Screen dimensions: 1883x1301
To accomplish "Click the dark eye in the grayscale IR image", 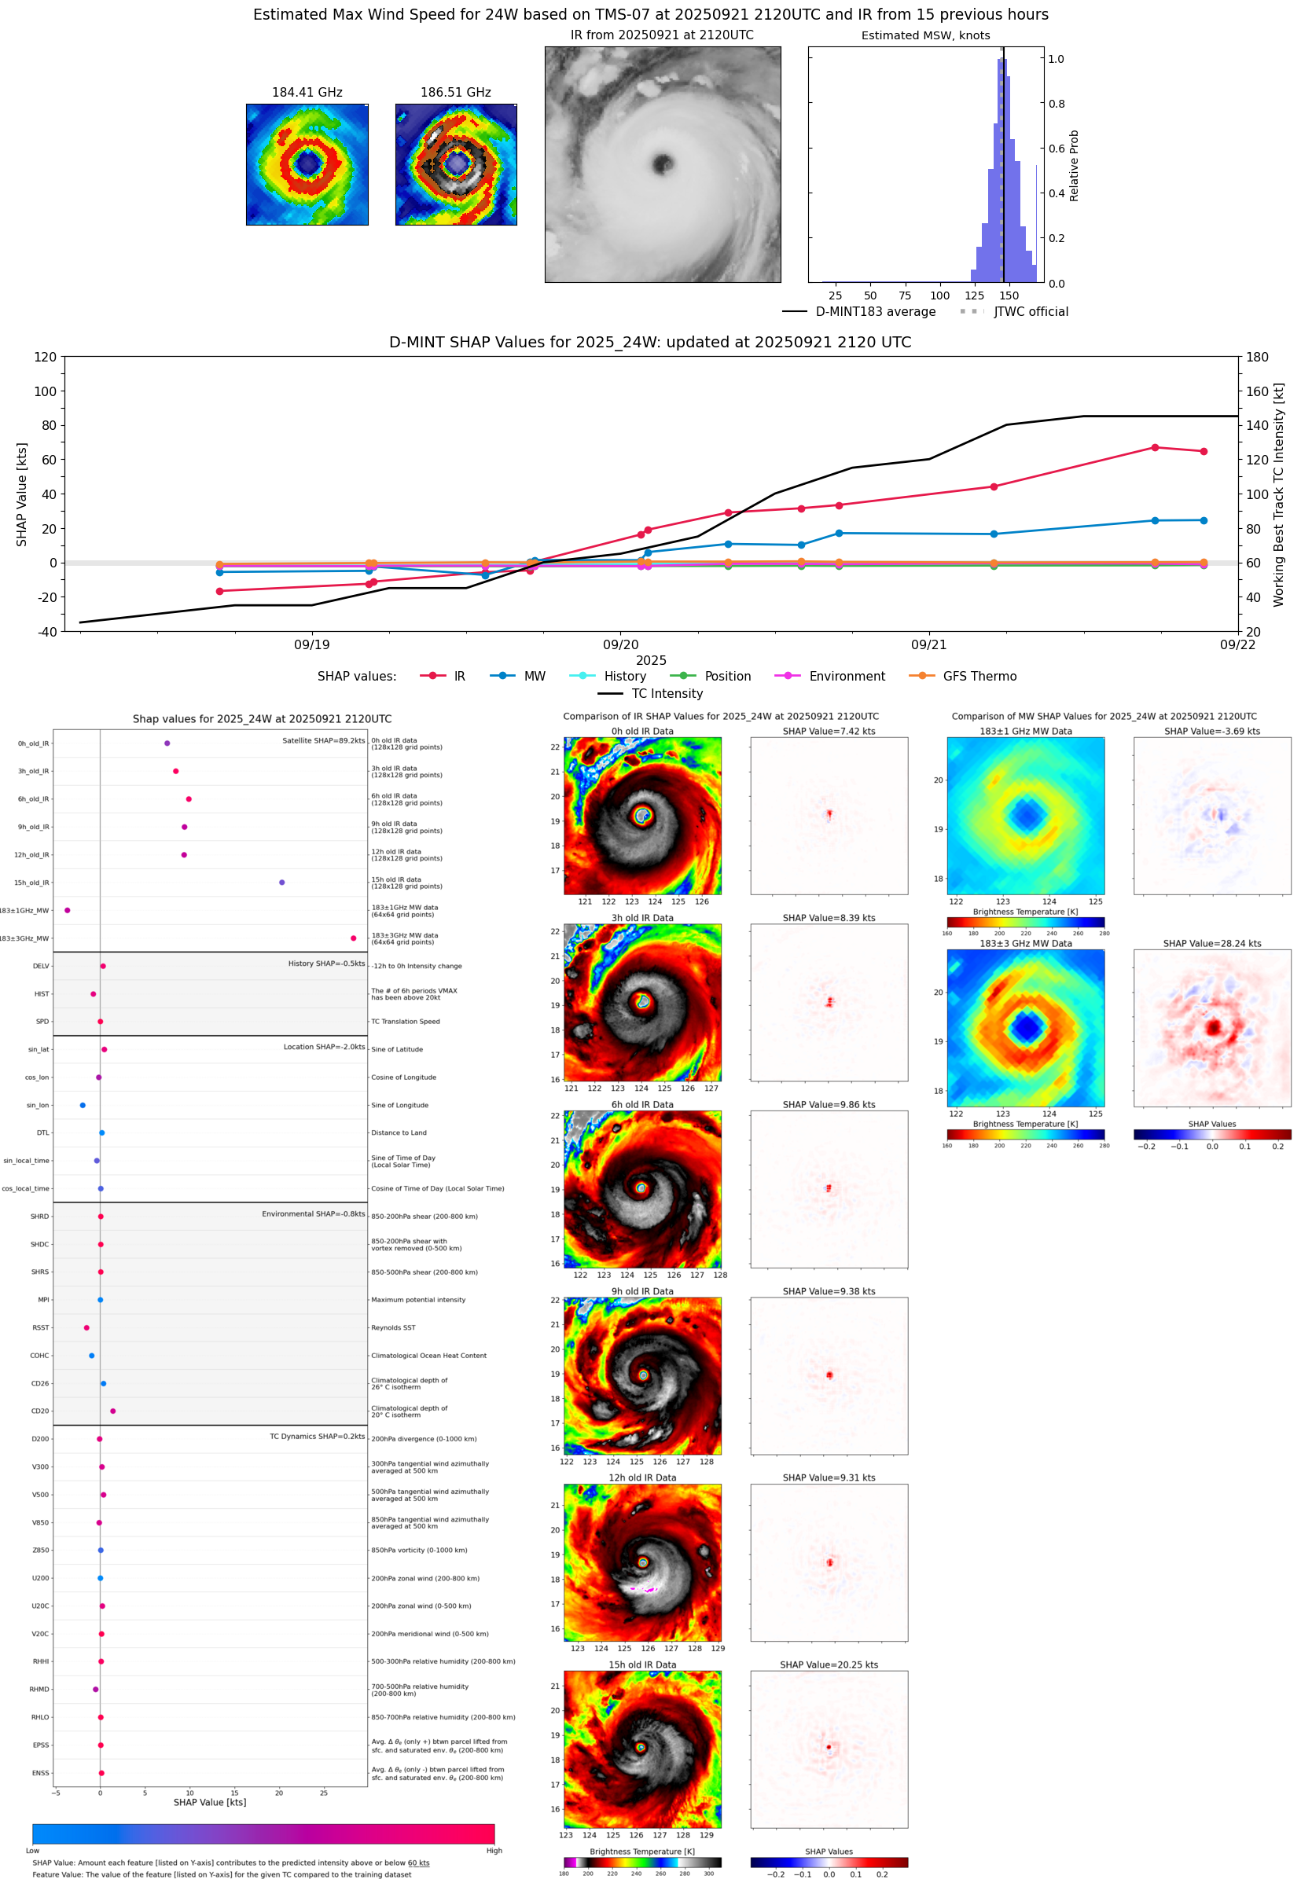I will coord(663,163).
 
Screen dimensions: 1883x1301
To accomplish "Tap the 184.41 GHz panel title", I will coord(307,93).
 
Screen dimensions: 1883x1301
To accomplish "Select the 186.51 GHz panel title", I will coord(456,93).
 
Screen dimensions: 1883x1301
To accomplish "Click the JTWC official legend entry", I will coord(1031,312).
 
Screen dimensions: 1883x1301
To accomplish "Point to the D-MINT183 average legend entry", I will coord(875,312).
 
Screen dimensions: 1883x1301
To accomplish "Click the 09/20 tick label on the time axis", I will coord(620,644).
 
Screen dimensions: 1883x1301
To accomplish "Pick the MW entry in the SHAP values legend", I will coord(534,677).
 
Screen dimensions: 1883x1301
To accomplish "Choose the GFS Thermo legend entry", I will coord(979,677).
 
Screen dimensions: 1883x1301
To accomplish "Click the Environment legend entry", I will coord(846,677).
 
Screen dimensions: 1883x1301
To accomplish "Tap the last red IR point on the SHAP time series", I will coord(1204,451).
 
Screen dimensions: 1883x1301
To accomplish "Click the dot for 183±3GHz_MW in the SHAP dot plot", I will coord(353,938).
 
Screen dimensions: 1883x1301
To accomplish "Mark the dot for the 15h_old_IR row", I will coord(282,883).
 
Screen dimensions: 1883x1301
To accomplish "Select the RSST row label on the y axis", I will coord(40,1327).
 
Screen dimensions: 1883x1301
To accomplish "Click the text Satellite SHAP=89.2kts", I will coord(324,740).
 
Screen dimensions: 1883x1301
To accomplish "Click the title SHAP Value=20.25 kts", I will coord(829,1665).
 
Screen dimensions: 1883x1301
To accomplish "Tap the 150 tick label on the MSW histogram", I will coord(1009,295).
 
